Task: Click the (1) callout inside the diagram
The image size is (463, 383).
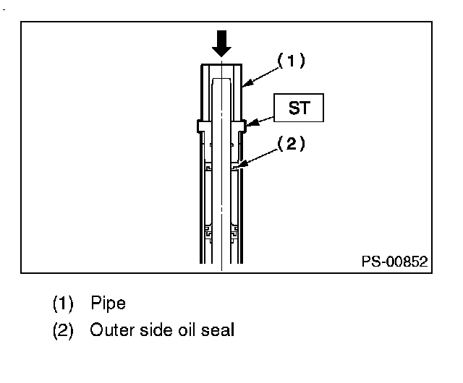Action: [x=290, y=62]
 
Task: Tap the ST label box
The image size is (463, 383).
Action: [x=297, y=108]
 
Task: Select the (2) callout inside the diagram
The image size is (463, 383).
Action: [x=290, y=144]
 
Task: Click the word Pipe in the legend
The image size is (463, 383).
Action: [x=108, y=302]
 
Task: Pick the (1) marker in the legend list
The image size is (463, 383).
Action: [x=63, y=302]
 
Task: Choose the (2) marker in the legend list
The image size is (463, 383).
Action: [x=63, y=332]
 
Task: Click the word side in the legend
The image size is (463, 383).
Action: [x=153, y=332]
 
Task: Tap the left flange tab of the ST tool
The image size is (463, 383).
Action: [x=200, y=126]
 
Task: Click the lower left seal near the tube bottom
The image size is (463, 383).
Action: [x=208, y=234]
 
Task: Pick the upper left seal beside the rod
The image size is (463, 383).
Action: [x=208, y=167]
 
